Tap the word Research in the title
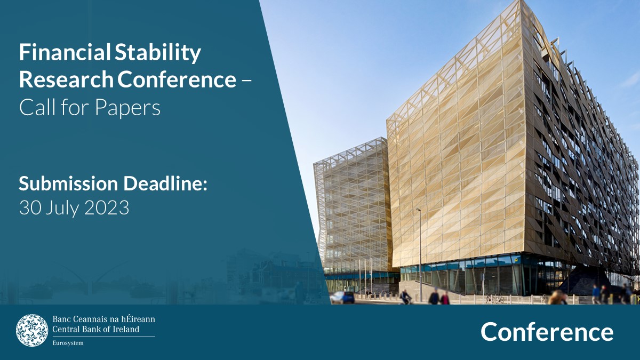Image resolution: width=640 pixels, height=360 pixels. pos(66,80)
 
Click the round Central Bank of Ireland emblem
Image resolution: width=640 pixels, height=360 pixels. pos(32,330)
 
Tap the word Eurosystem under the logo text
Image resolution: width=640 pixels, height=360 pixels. pos(68,342)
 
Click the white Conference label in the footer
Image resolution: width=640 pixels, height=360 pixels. pos(547,332)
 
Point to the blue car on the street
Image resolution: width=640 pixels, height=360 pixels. pos(342,297)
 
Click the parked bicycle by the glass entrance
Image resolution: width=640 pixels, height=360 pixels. pos(495,299)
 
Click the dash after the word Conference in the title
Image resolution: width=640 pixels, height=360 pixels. pos(246,81)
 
